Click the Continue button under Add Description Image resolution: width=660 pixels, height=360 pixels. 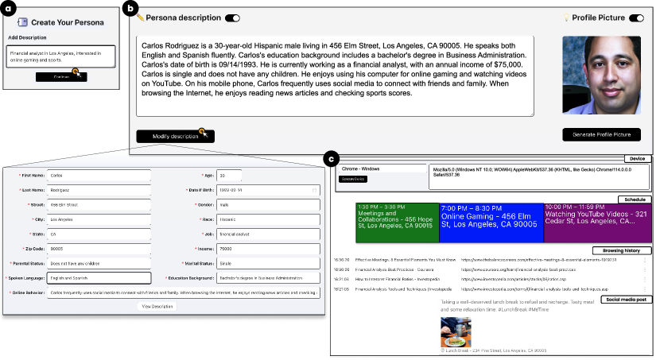[x=60, y=76]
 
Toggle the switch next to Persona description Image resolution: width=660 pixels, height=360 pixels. [x=232, y=17]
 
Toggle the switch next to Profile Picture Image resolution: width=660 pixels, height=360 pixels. [x=636, y=17]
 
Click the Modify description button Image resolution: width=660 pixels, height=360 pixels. [x=176, y=136]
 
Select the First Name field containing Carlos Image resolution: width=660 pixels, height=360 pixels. [x=99, y=176]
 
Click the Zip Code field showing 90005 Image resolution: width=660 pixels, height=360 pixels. [x=99, y=248]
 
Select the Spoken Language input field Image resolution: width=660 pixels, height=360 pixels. [x=99, y=278]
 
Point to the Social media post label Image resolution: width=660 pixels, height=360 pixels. [x=628, y=299]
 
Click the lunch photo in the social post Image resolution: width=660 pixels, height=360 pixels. [x=456, y=332]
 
